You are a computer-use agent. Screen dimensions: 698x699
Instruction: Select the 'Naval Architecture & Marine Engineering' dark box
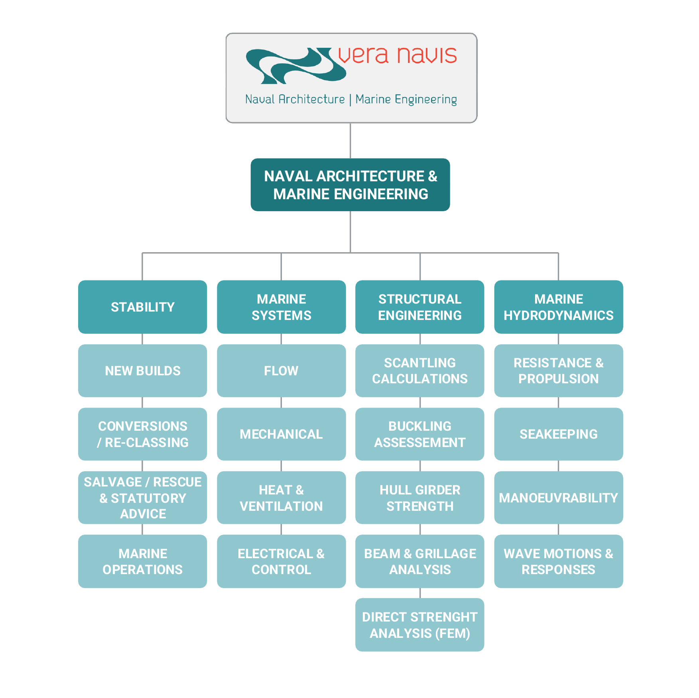[x=350, y=185]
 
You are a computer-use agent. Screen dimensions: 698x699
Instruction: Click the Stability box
[x=142, y=307]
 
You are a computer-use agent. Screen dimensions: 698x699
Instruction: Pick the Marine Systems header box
[x=281, y=307]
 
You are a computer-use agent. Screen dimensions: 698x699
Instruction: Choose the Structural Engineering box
[x=419, y=307]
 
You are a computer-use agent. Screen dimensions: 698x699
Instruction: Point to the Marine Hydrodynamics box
[x=558, y=307]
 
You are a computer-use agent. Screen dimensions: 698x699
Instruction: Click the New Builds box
[x=142, y=371]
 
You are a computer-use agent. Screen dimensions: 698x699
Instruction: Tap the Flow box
[x=281, y=371]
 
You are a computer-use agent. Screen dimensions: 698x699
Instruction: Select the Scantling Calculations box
[x=419, y=371]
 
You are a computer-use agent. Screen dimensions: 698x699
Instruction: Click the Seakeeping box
[x=558, y=434]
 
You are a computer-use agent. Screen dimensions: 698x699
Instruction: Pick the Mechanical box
[x=281, y=434]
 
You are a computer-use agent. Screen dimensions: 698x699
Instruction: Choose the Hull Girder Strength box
[x=419, y=498]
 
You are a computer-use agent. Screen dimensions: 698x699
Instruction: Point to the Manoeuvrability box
[x=558, y=498]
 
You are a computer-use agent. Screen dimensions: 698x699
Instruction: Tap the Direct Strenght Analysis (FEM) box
[x=419, y=625]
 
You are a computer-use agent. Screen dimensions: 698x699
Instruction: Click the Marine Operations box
[x=142, y=561]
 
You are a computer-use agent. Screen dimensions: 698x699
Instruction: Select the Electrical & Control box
[x=281, y=561]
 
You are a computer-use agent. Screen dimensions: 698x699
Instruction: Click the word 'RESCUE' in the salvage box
[x=177, y=482]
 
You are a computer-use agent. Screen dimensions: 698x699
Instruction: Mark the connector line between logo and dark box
[x=350, y=141]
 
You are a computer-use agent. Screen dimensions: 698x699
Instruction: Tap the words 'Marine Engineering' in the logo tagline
[x=406, y=99]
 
